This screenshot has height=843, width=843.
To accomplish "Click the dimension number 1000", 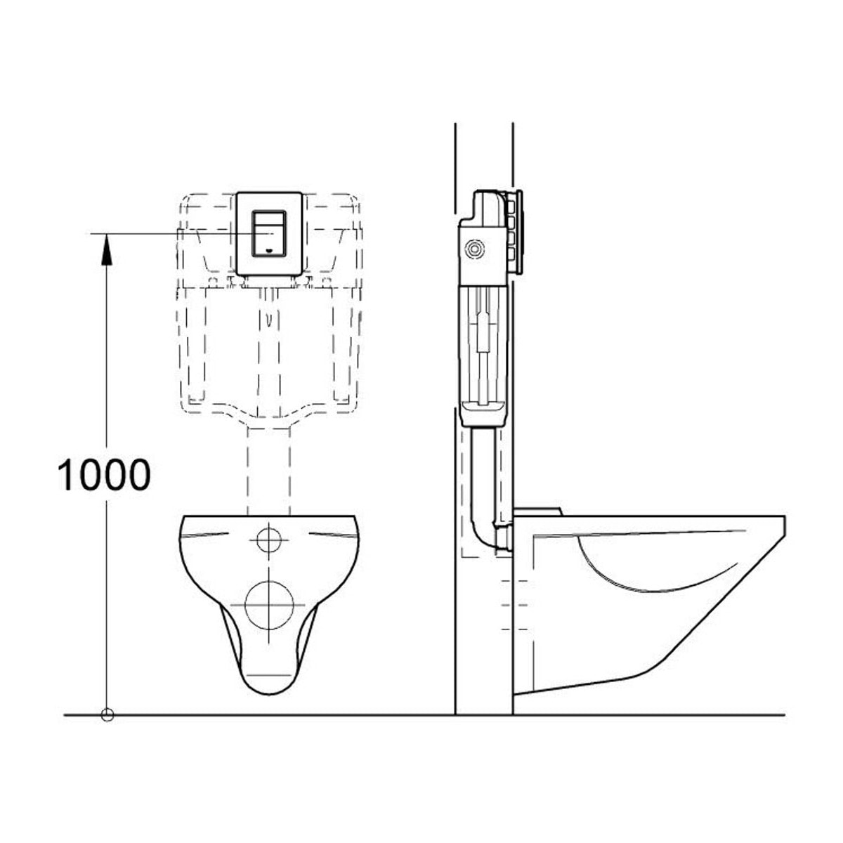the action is tap(104, 475).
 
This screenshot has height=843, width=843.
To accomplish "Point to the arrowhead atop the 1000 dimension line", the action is tap(107, 249).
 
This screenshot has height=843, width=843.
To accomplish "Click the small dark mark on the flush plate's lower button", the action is tap(269, 251).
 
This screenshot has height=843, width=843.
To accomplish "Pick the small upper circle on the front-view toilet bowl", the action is tap(268, 540).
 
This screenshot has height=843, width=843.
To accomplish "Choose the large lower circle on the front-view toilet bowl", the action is tap(268, 605).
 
